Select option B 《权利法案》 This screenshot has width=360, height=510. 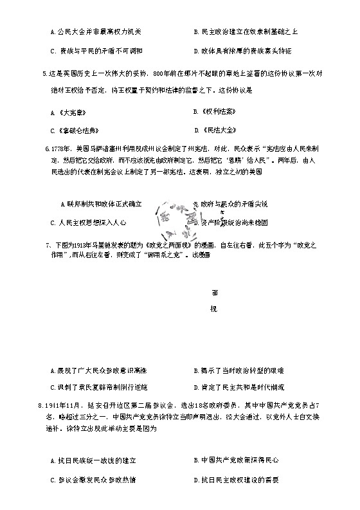[x=213, y=112]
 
